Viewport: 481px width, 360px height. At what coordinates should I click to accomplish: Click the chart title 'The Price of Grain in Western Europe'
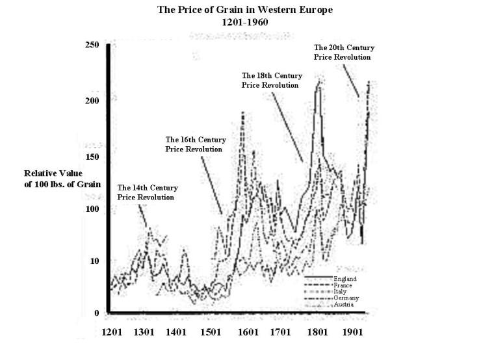[240, 10]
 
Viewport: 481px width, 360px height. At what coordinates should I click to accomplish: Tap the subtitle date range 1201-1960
[240, 21]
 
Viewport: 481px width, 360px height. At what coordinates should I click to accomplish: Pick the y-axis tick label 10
[96, 261]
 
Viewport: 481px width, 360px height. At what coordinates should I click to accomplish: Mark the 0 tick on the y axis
[97, 313]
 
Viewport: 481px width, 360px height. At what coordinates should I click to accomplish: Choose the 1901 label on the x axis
[356, 331]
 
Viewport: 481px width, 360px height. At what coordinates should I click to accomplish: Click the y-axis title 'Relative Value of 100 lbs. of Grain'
[62, 179]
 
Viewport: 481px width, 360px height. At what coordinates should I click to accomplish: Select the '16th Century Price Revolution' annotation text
[194, 144]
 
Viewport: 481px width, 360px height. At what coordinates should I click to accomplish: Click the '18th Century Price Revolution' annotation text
[270, 80]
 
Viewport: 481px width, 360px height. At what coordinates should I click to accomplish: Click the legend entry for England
[344, 278]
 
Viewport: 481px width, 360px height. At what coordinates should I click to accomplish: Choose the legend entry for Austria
[344, 304]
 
